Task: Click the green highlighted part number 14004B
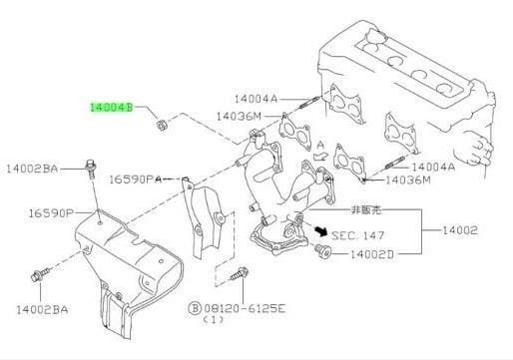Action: pyautogui.click(x=112, y=108)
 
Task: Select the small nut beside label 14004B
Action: pyautogui.click(x=162, y=125)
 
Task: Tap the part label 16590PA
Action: pyautogui.click(x=136, y=180)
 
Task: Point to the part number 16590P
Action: pyautogui.click(x=51, y=213)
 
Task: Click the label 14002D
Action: pyautogui.click(x=371, y=254)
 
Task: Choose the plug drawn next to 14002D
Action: pyautogui.click(x=322, y=250)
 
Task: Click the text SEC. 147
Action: pyautogui.click(x=358, y=235)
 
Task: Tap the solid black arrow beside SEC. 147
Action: pyautogui.click(x=321, y=230)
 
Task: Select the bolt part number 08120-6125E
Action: pyautogui.click(x=245, y=309)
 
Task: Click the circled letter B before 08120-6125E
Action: pyautogui.click(x=195, y=309)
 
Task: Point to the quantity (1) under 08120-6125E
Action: pyautogui.click(x=213, y=320)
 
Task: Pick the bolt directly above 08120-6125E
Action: pyautogui.click(x=240, y=273)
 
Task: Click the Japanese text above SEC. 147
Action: pyautogui.click(x=366, y=210)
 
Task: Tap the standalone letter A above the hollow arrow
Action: pyautogui.click(x=320, y=146)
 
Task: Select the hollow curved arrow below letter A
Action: pyautogui.click(x=319, y=156)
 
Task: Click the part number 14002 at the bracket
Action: pyautogui.click(x=460, y=230)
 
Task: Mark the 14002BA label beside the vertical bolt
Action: pyautogui.click(x=32, y=169)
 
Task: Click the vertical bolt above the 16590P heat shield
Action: pyautogui.click(x=91, y=169)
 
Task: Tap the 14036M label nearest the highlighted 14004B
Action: pyautogui.click(x=239, y=117)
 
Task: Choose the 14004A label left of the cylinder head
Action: pyautogui.click(x=256, y=99)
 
